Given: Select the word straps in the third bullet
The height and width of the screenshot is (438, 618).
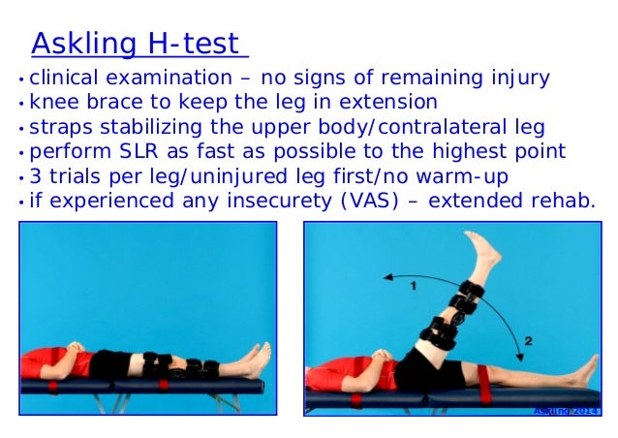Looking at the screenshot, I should (x=61, y=126).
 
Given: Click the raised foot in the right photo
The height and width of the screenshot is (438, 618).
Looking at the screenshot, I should (x=481, y=250).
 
